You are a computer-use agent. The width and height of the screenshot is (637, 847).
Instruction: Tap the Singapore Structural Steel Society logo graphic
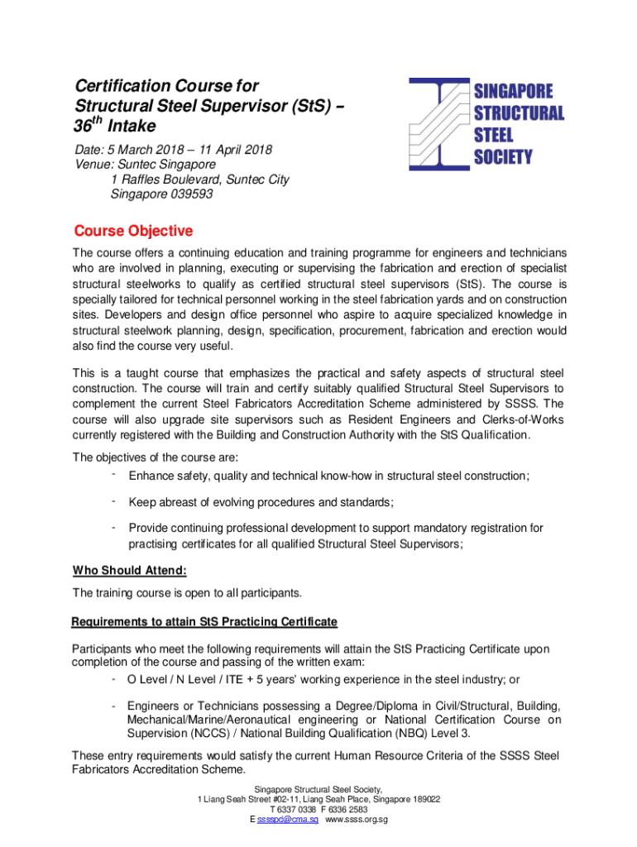pos(438,124)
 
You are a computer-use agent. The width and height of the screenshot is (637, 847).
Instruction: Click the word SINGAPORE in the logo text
pos(513,91)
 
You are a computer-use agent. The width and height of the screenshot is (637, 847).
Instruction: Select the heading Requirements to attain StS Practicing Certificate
pos(204,622)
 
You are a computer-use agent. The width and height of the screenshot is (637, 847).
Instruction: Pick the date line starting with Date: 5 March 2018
pos(174,151)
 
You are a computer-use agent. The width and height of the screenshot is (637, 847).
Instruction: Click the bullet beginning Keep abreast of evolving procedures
pos(261,502)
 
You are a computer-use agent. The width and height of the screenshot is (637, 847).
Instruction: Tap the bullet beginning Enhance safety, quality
pos(328,476)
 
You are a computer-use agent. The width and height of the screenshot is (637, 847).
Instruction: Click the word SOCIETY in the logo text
pos(503,156)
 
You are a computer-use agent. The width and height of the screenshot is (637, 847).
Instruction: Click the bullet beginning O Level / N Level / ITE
pos(323,680)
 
